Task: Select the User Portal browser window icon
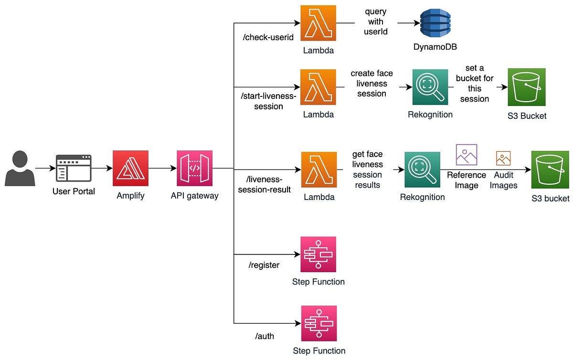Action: click(x=74, y=168)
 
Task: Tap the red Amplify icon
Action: click(x=130, y=168)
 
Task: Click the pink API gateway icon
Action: click(x=194, y=168)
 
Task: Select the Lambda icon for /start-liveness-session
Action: click(x=318, y=87)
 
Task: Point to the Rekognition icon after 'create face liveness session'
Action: click(x=430, y=87)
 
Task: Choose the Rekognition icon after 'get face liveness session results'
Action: click(x=422, y=169)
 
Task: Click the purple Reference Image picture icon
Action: click(x=466, y=155)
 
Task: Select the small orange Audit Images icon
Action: click(x=503, y=158)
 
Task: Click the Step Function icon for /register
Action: click(x=318, y=254)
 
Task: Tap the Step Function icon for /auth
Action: click(x=318, y=323)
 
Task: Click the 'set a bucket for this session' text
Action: click(x=474, y=84)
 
